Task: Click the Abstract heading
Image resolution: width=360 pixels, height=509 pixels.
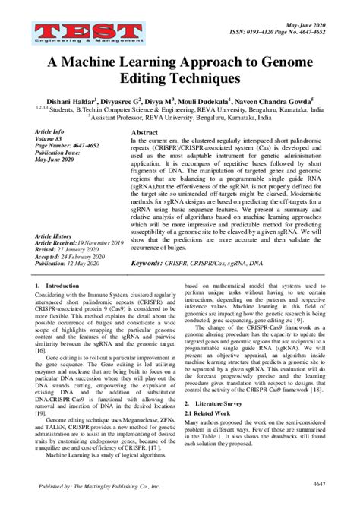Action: (145, 132)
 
